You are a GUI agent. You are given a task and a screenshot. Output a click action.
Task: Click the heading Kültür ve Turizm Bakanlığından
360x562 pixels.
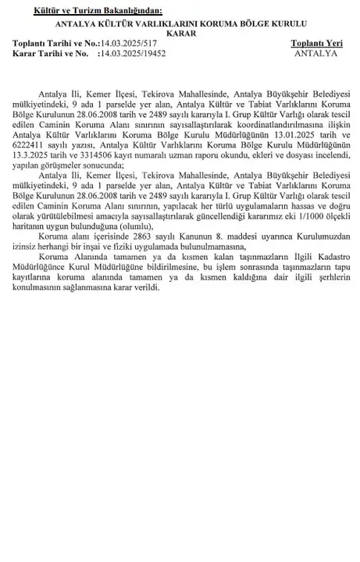point(97,11)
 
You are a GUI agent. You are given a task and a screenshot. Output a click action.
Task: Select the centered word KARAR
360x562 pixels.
point(179,34)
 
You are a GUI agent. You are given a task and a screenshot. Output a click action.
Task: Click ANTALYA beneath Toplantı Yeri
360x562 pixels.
point(316,55)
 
